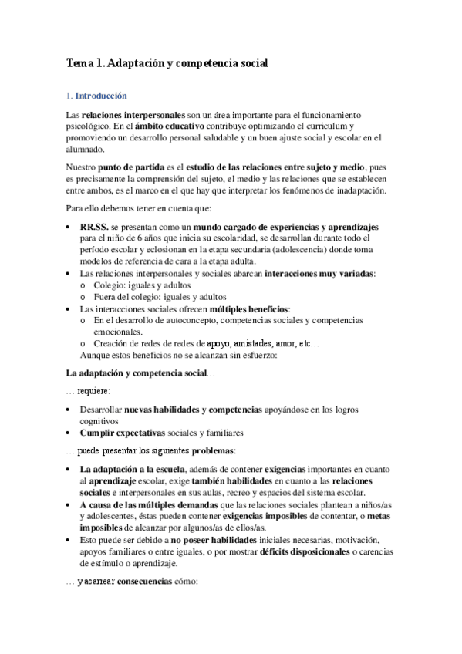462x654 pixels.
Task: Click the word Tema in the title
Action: click(79, 66)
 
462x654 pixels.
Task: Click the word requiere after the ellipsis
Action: click(93, 391)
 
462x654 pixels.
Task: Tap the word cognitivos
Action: click(98, 421)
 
